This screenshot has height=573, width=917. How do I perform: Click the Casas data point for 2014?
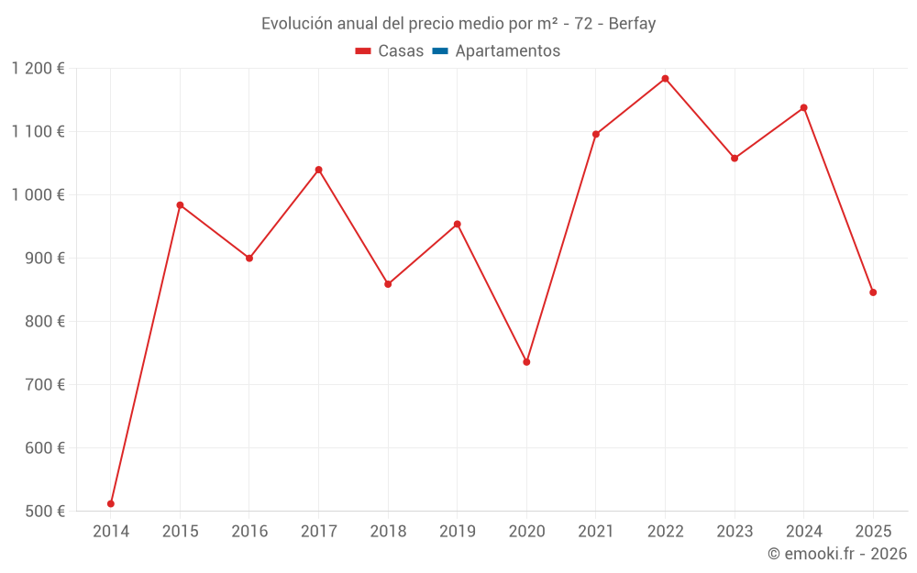pos(111,503)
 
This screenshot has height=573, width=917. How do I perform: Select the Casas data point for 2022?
pos(665,79)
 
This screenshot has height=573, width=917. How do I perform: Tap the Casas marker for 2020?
pos(526,362)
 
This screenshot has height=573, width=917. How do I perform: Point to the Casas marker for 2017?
pos(318,170)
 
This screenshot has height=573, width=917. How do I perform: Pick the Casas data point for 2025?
pos(873,292)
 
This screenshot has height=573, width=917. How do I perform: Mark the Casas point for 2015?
pos(180,205)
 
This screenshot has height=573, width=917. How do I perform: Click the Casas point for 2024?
pos(803,108)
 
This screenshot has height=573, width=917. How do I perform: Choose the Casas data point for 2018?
pos(388,284)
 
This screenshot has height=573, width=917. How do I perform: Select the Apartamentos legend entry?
pos(507,51)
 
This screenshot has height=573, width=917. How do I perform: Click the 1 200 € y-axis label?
pos(39,68)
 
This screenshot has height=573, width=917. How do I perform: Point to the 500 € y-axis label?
pos(45,511)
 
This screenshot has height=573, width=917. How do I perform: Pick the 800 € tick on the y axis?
pos(45,321)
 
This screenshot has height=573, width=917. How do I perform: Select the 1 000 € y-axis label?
pos(39,194)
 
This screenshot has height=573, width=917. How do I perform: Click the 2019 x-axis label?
pos(457,531)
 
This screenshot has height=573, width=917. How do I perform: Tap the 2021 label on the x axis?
pos(595,531)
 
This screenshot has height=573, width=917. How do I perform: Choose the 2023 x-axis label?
pos(734,531)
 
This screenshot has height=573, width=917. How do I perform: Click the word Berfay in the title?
pos(632,24)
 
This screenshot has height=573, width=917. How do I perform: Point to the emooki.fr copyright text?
pos(836,554)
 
